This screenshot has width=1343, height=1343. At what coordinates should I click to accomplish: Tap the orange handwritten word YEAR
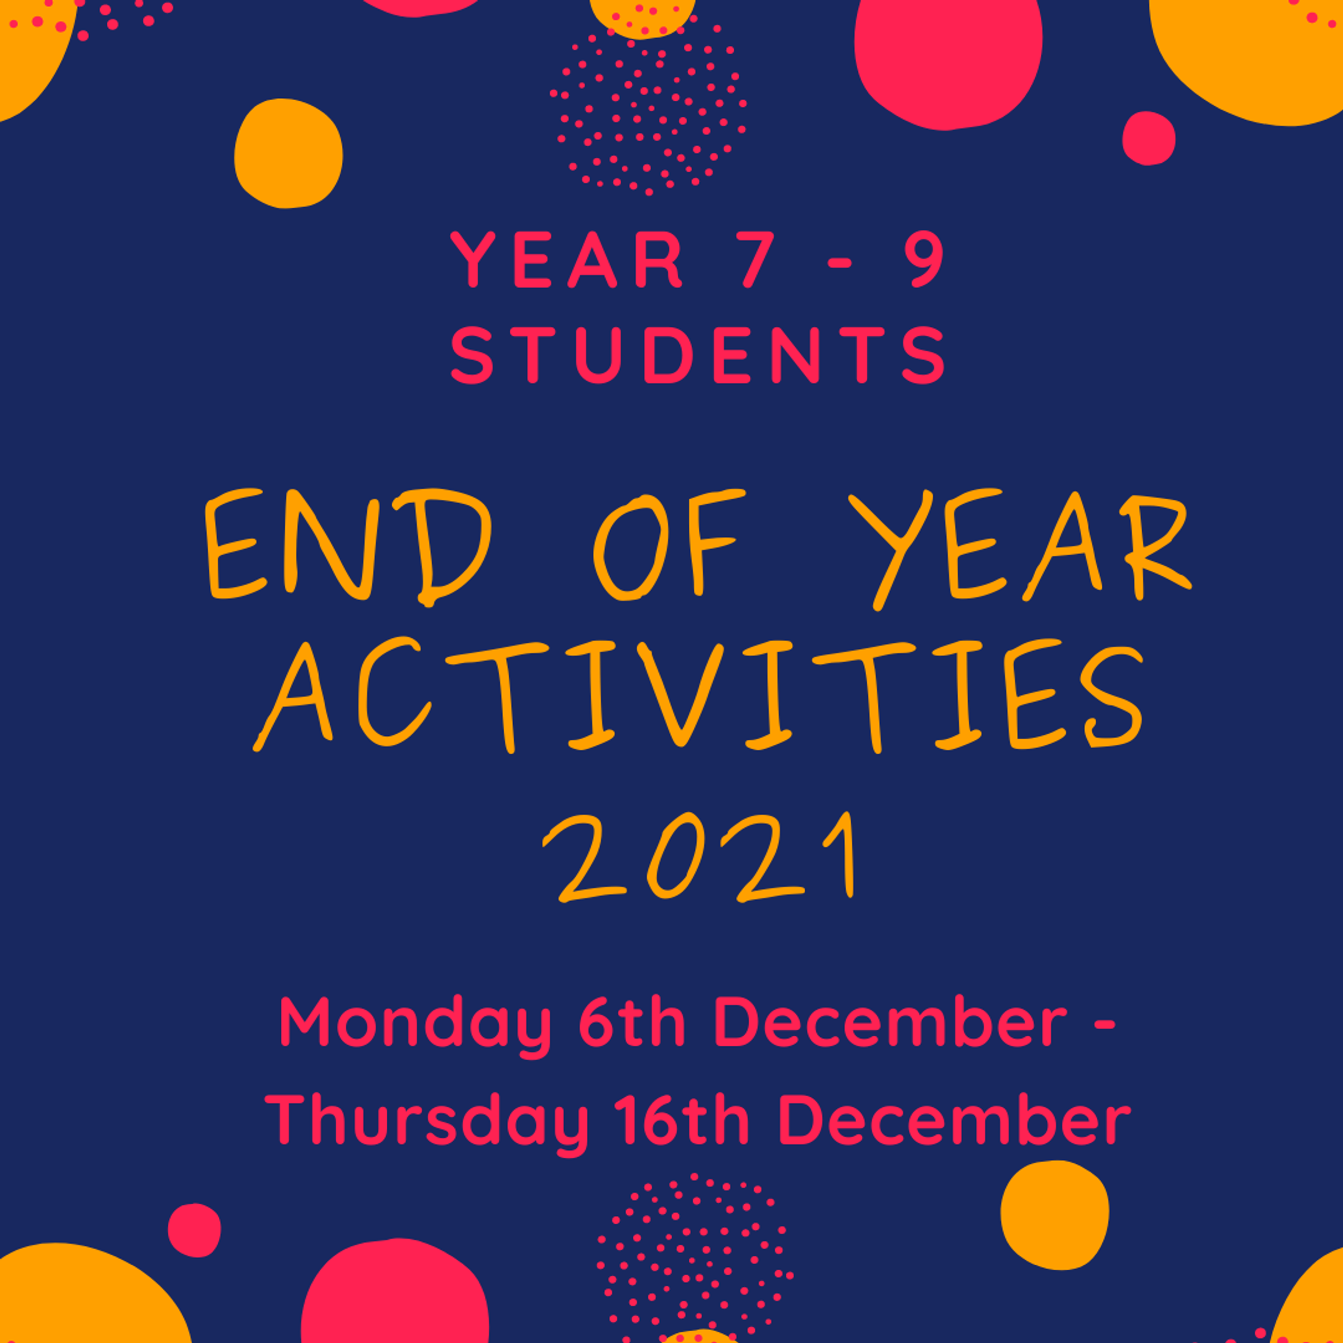(1020, 549)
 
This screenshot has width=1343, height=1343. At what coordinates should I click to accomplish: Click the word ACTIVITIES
(697, 695)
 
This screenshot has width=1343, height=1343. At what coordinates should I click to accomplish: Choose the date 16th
(684, 1119)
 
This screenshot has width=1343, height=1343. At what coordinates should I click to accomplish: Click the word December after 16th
(955, 1119)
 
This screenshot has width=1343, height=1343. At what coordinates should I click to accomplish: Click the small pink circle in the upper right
(1148, 138)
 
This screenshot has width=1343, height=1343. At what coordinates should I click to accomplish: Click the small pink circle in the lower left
(194, 1230)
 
